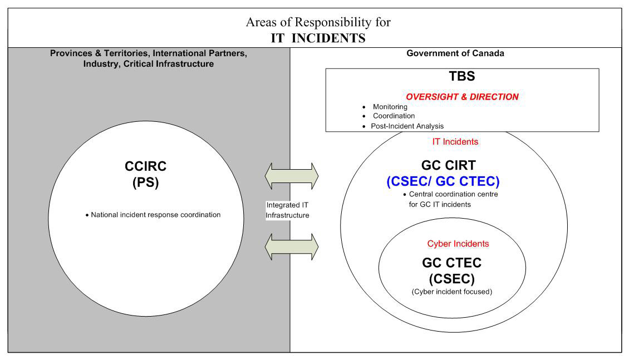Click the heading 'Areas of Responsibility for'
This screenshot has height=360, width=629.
point(318,23)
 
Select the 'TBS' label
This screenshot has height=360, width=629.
point(462,77)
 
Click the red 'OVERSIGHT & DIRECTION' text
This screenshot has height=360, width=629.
point(462,97)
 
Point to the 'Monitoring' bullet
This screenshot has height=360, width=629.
point(390,107)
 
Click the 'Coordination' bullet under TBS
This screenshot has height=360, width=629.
point(394,116)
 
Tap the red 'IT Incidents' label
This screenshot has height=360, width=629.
point(455,142)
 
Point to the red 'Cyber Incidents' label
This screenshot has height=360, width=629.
point(458,244)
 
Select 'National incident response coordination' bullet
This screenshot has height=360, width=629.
point(155,215)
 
